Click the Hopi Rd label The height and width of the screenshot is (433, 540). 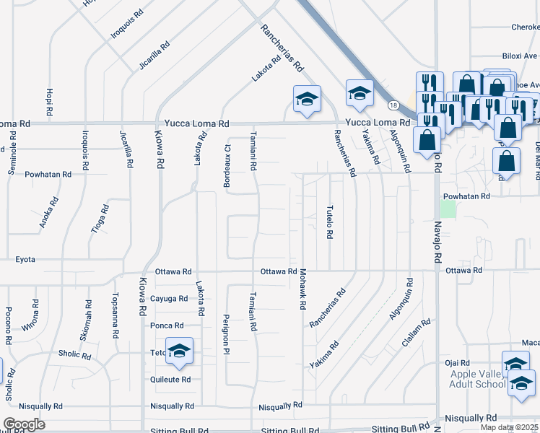(49, 102)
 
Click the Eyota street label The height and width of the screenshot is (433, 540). (25, 259)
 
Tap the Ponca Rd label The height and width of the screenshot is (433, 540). (167, 325)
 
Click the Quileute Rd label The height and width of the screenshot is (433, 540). (171, 379)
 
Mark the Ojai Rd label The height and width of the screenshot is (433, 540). (458, 362)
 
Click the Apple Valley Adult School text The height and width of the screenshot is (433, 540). (478, 378)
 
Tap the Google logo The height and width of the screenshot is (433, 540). (24, 424)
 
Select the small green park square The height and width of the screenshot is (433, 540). (448, 209)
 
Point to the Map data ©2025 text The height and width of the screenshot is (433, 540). (510, 427)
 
